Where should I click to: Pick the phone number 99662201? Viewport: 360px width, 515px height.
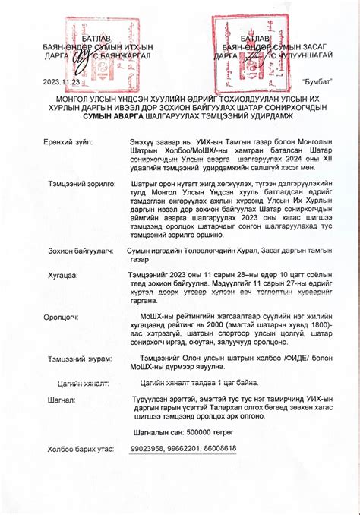click(184, 448)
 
